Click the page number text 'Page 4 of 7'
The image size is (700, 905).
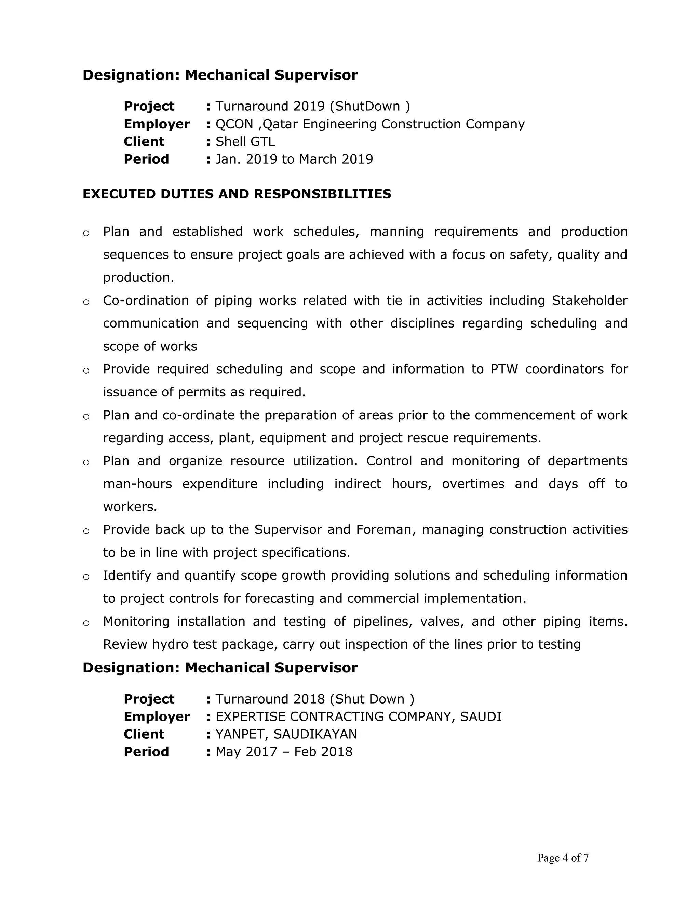click(x=563, y=857)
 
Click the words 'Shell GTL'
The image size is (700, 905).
click(x=245, y=142)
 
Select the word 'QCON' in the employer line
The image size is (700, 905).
click(x=234, y=124)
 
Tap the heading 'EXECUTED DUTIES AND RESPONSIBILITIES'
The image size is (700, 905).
click(x=237, y=194)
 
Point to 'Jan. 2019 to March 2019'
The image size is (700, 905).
click(x=294, y=159)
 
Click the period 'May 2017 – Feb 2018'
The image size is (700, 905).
click(x=284, y=752)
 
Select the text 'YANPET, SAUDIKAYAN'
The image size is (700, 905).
click(x=286, y=734)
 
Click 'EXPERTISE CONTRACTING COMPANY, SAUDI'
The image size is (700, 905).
click(x=358, y=716)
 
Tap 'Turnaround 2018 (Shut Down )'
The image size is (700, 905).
click(x=315, y=699)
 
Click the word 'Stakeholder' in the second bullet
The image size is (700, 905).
click(x=589, y=301)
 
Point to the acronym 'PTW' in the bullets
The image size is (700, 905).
click(x=504, y=369)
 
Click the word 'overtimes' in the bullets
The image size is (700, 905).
click(x=473, y=484)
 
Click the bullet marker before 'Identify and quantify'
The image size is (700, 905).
click(x=86, y=577)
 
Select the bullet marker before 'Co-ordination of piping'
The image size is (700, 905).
click(x=86, y=302)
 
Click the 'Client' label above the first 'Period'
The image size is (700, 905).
click(x=144, y=142)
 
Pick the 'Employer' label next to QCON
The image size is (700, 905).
click(x=157, y=124)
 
